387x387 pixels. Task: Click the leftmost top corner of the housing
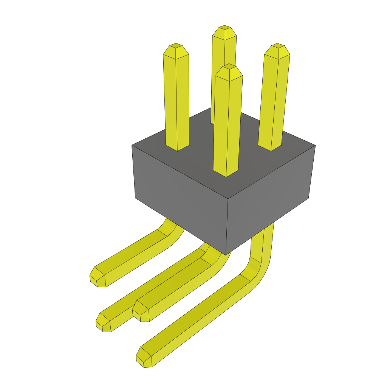(x=132, y=146)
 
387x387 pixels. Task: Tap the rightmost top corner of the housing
(x=315, y=146)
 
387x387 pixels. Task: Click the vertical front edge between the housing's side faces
(x=227, y=227)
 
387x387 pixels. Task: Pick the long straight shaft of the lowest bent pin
(x=197, y=317)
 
